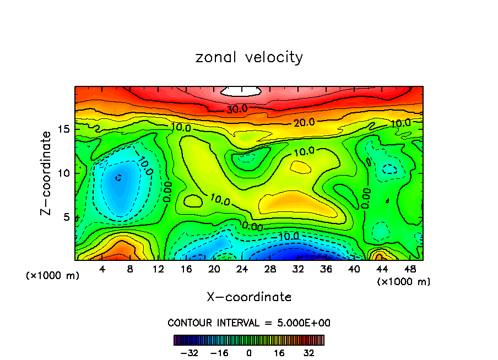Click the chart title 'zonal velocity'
tap(249, 57)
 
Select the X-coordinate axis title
tap(249, 297)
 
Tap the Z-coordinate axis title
tap(48, 172)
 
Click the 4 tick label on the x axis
tap(102, 270)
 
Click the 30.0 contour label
tap(237, 110)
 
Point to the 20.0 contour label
tap(304, 122)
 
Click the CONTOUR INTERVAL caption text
tap(249, 323)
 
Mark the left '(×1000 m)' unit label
tap(53, 275)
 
